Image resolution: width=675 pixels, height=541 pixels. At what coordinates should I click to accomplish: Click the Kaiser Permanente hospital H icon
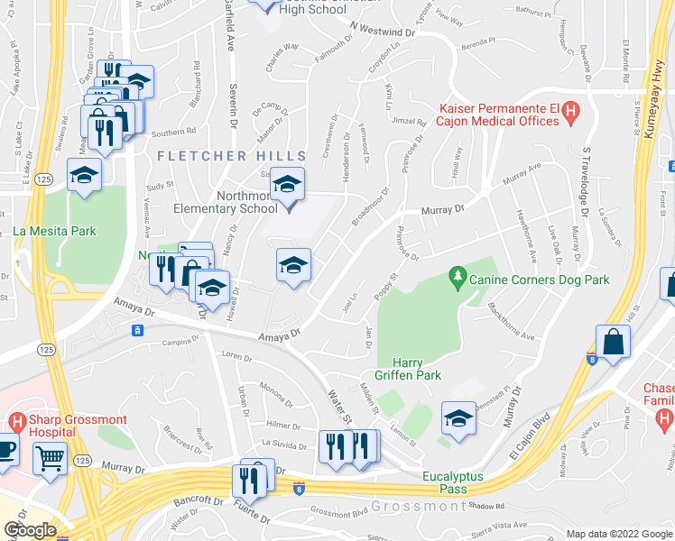click(569, 112)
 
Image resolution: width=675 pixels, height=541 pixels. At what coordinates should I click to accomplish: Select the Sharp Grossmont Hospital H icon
click(16, 422)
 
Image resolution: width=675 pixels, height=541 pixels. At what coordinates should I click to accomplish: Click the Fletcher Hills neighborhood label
click(215, 156)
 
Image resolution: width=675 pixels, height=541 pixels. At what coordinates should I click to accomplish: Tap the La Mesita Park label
click(54, 231)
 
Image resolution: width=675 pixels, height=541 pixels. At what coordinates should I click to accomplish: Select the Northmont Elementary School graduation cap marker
click(288, 185)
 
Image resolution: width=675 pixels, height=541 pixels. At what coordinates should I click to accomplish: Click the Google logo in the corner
click(30, 530)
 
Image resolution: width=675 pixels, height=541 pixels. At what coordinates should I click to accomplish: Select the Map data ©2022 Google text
click(619, 534)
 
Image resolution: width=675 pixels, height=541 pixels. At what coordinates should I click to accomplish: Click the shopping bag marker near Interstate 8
click(614, 343)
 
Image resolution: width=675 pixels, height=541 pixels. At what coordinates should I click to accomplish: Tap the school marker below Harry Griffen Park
click(458, 418)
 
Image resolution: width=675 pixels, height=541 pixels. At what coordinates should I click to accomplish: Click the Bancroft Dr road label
click(199, 500)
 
